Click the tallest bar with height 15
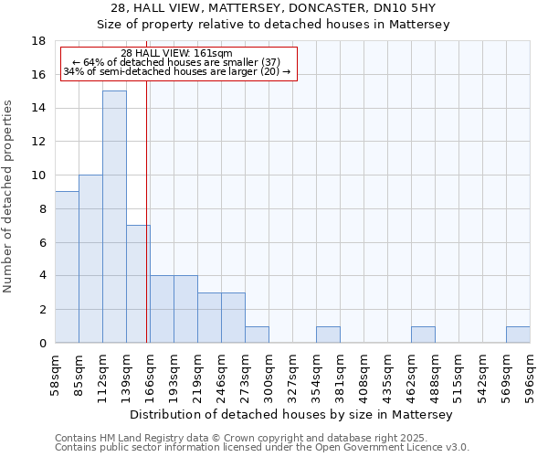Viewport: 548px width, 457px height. tap(114, 217)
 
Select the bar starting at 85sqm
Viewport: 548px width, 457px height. tap(90, 259)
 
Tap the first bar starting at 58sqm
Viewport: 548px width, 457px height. tap(67, 267)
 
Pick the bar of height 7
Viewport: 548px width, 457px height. tap(138, 283)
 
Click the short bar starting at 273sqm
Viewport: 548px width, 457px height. tap(257, 335)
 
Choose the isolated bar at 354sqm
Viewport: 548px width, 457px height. tap(328, 335)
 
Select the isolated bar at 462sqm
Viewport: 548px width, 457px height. tap(423, 335)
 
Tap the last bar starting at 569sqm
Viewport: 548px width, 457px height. tap(518, 335)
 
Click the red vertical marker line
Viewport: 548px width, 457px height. tap(147, 228)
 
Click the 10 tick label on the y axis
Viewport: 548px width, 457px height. tap(38, 175)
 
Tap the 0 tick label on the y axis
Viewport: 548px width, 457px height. tap(42, 343)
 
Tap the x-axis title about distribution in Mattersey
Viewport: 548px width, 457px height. tap(292, 414)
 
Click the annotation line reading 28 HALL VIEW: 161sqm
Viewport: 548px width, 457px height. tap(176, 54)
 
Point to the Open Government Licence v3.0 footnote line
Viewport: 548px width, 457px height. tap(262, 448)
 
